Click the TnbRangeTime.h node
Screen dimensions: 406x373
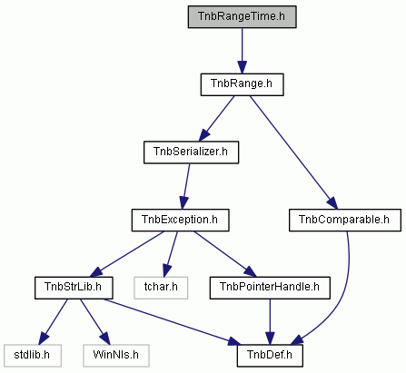pos(242,16)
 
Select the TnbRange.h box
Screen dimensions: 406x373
pos(242,84)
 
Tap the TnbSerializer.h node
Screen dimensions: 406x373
pos(191,152)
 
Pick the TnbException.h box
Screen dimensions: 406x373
pos(180,220)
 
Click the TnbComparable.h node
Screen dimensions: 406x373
pos(345,220)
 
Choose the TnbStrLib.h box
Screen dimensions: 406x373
pos(74,288)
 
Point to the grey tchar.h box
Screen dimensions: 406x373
pos(161,288)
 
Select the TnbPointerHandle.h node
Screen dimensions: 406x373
pos(270,288)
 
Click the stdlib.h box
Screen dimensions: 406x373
pos(33,356)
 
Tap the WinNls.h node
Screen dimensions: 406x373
pos(116,356)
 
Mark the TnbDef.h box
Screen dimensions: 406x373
pos(270,356)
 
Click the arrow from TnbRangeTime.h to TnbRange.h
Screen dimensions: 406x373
pos(242,51)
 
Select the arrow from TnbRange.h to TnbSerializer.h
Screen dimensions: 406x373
pos(216,119)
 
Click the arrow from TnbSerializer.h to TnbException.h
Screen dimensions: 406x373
pos(185,186)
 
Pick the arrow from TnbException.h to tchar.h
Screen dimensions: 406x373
pos(171,254)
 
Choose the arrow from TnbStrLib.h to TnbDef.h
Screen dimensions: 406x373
pos(172,322)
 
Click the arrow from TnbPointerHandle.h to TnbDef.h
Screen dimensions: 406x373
pos(270,322)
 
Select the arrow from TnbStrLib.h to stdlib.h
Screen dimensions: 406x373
pos(54,322)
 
